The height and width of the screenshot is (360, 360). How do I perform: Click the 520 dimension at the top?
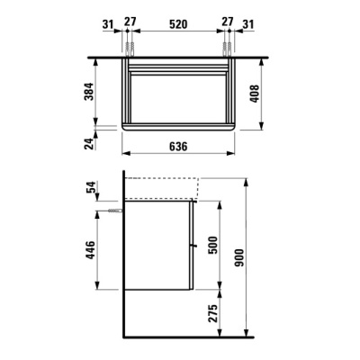pyautogui.click(x=178, y=24)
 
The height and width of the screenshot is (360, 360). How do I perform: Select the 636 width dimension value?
pyautogui.click(x=178, y=147)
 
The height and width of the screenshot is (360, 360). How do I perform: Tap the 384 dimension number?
pyautogui.click(x=89, y=91)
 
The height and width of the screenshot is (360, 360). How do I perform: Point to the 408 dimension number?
pyautogui.click(x=255, y=94)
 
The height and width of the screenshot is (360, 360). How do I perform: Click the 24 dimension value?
pyautogui.click(x=89, y=143)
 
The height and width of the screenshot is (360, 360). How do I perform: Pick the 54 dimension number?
pyautogui.click(x=91, y=187)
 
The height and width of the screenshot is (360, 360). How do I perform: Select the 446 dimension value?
pyautogui.click(x=90, y=250)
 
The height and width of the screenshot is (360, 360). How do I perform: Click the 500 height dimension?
pyautogui.click(x=212, y=245)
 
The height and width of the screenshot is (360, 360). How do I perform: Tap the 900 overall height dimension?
pyautogui.click(x=239, y=257)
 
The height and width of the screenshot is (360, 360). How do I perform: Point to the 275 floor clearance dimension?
pyautogui.click(x=212, y=313)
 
